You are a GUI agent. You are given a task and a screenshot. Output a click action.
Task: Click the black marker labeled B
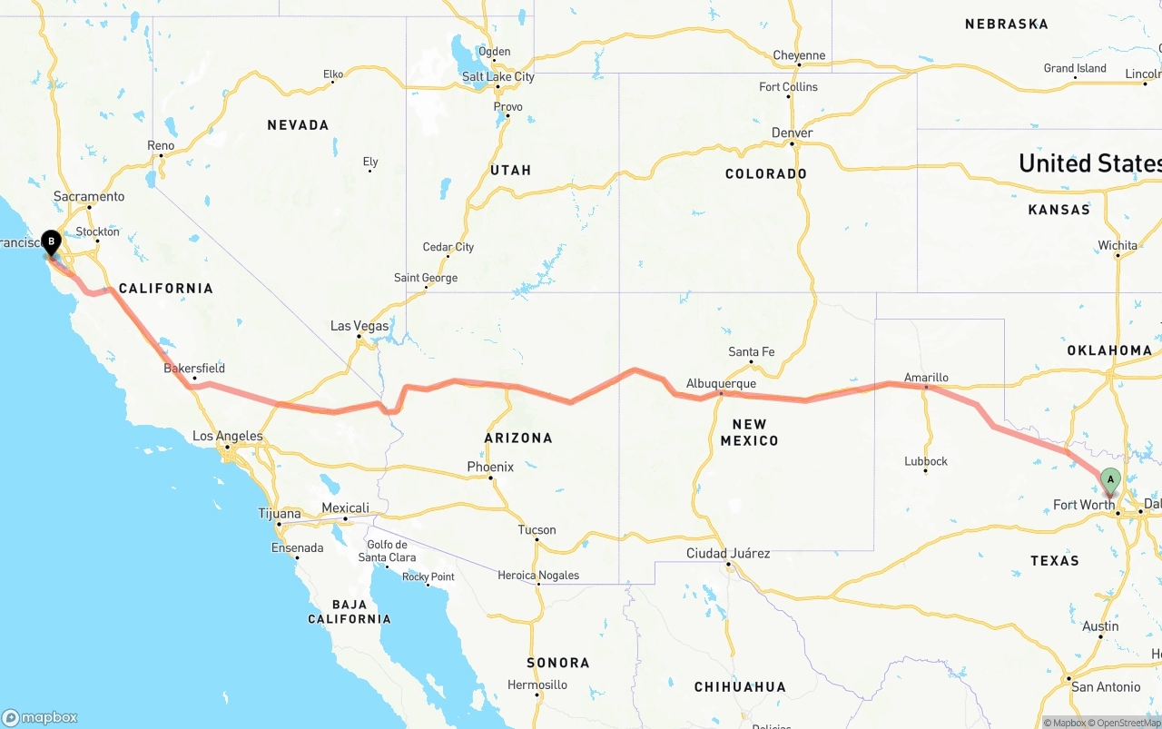click(x=52, y=243)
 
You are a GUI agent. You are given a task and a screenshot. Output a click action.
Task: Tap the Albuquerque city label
click(x=722, y=383)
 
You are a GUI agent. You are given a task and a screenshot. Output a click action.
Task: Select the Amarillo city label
click(x=926, y=378)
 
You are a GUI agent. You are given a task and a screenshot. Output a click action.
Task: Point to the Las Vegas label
click(x=359, y=326)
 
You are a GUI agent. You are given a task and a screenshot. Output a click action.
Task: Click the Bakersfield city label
click(x=194, y=369)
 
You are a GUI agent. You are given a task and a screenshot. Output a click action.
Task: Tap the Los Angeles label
click(x=228, y=437)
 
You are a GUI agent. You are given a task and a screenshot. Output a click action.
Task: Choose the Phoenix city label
click(x=490, y=467)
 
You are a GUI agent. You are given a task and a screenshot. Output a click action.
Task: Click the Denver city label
click(x=792, y=133)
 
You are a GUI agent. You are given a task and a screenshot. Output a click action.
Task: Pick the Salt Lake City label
click(x=498, y=77)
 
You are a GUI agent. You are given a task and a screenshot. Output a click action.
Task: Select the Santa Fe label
click(x=752, y=352)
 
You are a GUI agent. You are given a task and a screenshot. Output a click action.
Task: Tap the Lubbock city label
click(x=926, y=461)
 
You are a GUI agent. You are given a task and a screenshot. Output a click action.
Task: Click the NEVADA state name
click(x=298, y=125)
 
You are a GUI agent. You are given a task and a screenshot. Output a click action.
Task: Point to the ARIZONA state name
click(x=518, y=438)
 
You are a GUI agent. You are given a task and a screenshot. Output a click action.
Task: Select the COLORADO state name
click(x=766, y=173)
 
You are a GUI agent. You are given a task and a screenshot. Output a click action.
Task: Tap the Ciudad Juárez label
click(x=728, y=553)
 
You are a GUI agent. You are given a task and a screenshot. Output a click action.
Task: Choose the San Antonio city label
click(x=1106, y=686)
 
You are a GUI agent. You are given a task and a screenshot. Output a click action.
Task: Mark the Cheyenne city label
click(x=799, y=55)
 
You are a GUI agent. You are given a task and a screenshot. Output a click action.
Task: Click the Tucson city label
click(x=537, y=530)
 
